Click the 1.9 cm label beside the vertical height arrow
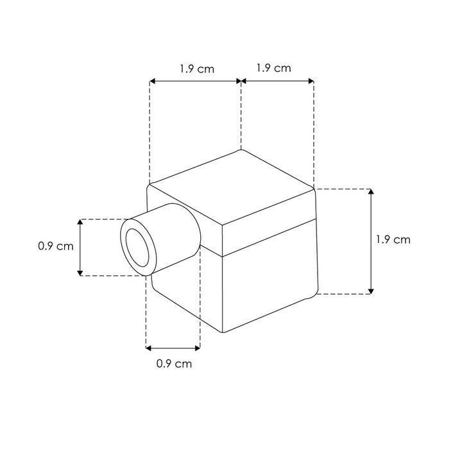pos(393,239)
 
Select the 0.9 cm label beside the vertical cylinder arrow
pos(56,246)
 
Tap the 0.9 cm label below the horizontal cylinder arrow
pos(174,364)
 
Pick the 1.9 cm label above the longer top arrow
pos(197,69)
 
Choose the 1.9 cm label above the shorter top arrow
pos(274,68)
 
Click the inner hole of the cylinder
pos(137,248)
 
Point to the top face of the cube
pos(232,187)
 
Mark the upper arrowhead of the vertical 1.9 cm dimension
pos(371,192)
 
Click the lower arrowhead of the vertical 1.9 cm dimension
pos(371,291)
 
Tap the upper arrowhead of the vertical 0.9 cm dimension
pos(80,222)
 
